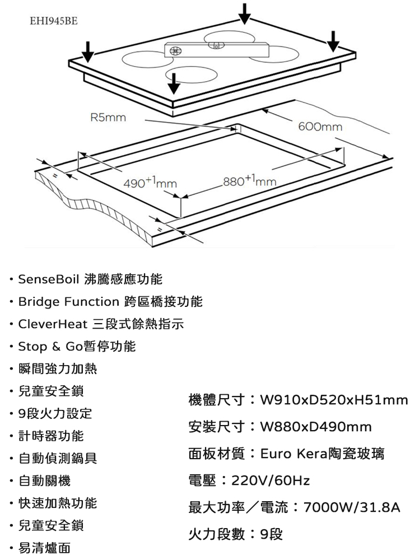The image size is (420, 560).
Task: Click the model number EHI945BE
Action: pyautogui.click(x=54, y=21)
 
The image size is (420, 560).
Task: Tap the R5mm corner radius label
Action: pyautogui.click(x=108, y=117)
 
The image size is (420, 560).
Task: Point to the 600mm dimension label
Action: pyautogui.click(x=320, y=127)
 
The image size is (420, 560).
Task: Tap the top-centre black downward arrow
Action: pyautogui.click(x=245, y=14)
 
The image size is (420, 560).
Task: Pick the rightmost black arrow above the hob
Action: pyautogui.click(x=333, y=41)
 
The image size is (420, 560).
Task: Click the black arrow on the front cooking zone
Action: pyautogui.click(x=174, y=83)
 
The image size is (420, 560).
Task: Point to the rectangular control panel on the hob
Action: pyautogui.click(x=216, y=50)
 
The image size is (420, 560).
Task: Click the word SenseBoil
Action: pyautogui.click(x=49, y=279)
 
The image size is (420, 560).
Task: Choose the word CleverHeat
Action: pyautogui.click(x=53, y=324)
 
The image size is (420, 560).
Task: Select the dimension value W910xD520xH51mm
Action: pyautogui.click(x=334, y=400)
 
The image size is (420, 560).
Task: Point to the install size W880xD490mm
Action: pyautogui.click(x=316, y=426)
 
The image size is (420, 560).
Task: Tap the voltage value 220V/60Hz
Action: pyautogui.click(x=270, y=480)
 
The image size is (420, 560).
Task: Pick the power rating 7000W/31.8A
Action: pyautogui.click(x=352, y=507)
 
